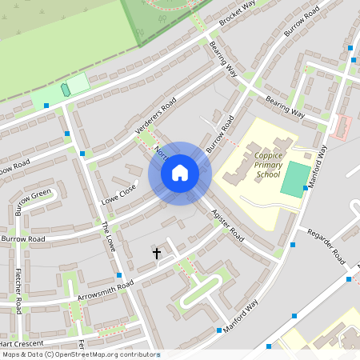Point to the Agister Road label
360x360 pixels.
click(227, 225)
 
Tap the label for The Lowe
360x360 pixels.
click(108, 237)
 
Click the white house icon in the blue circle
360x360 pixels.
click(179, 172)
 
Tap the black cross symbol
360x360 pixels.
click(157, 253)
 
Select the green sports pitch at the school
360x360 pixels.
click(294, 179)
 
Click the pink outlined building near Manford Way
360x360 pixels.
click(342, 126)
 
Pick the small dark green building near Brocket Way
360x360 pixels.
click(65, 90)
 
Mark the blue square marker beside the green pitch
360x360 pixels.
click(306, 189)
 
